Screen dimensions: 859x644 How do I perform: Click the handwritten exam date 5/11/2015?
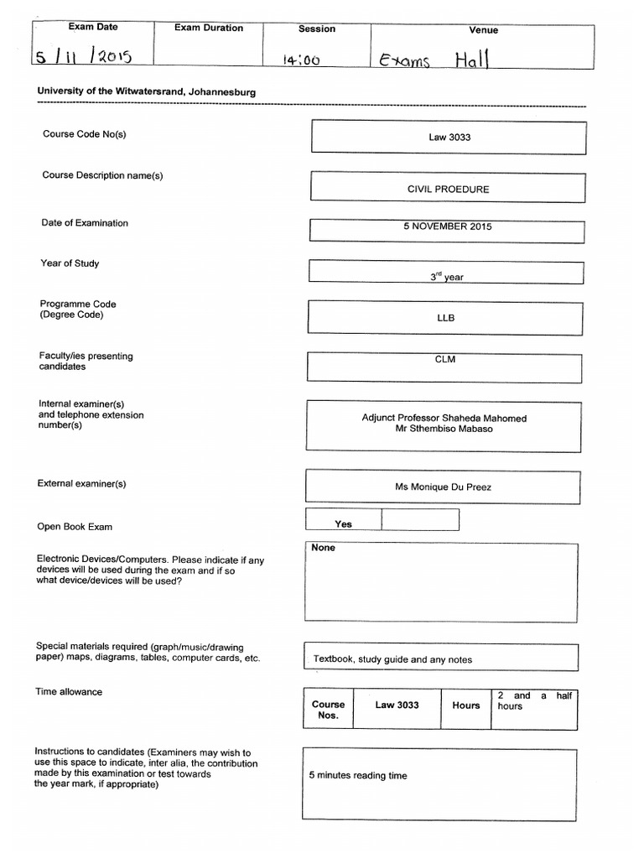84,58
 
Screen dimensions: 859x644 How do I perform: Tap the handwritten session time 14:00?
302,60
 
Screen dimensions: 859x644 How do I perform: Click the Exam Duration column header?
209,28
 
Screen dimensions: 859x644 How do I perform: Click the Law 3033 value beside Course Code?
449,138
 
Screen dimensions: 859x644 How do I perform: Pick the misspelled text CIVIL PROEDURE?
448,189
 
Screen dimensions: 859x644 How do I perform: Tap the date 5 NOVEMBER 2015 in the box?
447,226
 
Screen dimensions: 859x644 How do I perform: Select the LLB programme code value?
445,318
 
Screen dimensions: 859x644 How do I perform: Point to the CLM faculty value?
445,360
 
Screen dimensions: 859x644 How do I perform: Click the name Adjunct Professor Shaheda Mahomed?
444,418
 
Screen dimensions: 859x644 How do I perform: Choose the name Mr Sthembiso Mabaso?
444,429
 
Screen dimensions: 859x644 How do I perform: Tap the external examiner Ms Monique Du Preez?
444,487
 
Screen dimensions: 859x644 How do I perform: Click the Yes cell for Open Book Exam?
344,523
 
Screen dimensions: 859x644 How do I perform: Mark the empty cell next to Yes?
420,520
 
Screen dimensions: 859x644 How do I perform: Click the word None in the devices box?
323,548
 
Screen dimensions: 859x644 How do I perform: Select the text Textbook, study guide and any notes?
392,659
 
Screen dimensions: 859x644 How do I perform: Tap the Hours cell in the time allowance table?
466,705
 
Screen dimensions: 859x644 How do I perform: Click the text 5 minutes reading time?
358,776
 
